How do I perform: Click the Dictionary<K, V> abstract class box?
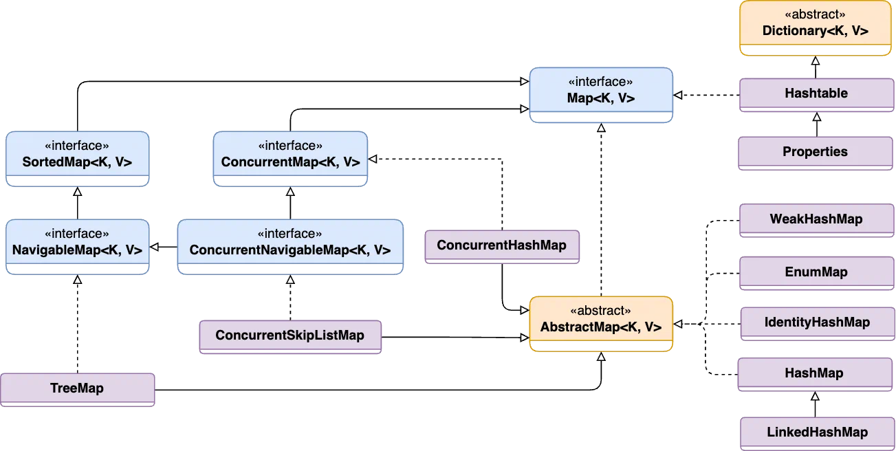click(815, 27)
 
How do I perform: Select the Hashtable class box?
click(816, 93)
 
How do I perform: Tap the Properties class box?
click(815, 152)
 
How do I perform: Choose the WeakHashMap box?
click(816, 220)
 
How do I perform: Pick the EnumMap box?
click(816, 272)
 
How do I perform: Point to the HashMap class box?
click(813, 373)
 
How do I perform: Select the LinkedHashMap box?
click(817, 432)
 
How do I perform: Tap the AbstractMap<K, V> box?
click(601, 322)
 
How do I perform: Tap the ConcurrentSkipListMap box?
click(289, 336)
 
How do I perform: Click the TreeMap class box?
click(77, 388)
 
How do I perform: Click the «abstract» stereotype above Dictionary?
click(815, 14)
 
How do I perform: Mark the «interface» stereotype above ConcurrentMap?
click(290, 146)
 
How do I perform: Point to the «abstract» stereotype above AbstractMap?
click(601, 310)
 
